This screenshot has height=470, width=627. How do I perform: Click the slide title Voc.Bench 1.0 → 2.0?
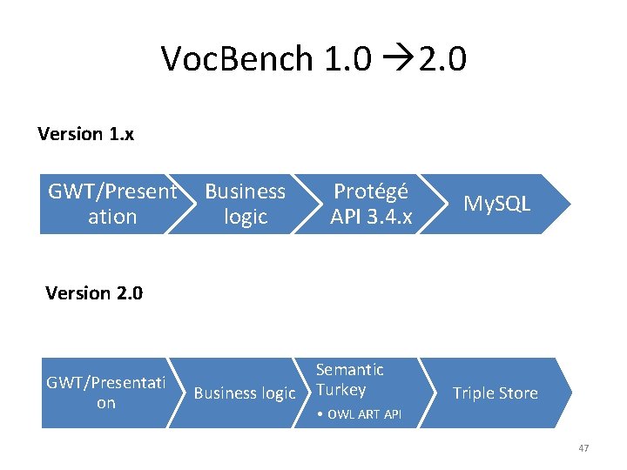(x=313, y=59)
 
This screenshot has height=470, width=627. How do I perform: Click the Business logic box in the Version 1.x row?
(x=245, y=204)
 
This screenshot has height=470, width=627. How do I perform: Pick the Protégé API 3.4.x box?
(x=371, y=204)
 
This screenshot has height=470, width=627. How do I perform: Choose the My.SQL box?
(x=496, y=204)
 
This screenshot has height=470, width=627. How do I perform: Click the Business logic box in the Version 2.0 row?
(x=244, y=393)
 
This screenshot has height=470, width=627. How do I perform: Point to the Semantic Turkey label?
(x=348, y=379)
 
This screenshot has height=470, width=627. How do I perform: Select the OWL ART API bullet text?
(x=359, y=414)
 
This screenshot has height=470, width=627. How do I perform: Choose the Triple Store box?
(x=495, y=393)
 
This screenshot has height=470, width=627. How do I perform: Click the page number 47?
(x=583, y=448)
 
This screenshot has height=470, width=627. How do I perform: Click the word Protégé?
(x=371, y=191)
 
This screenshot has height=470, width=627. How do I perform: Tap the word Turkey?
(x=340, y=390)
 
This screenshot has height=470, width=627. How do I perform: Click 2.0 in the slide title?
(x=442, y=59)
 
